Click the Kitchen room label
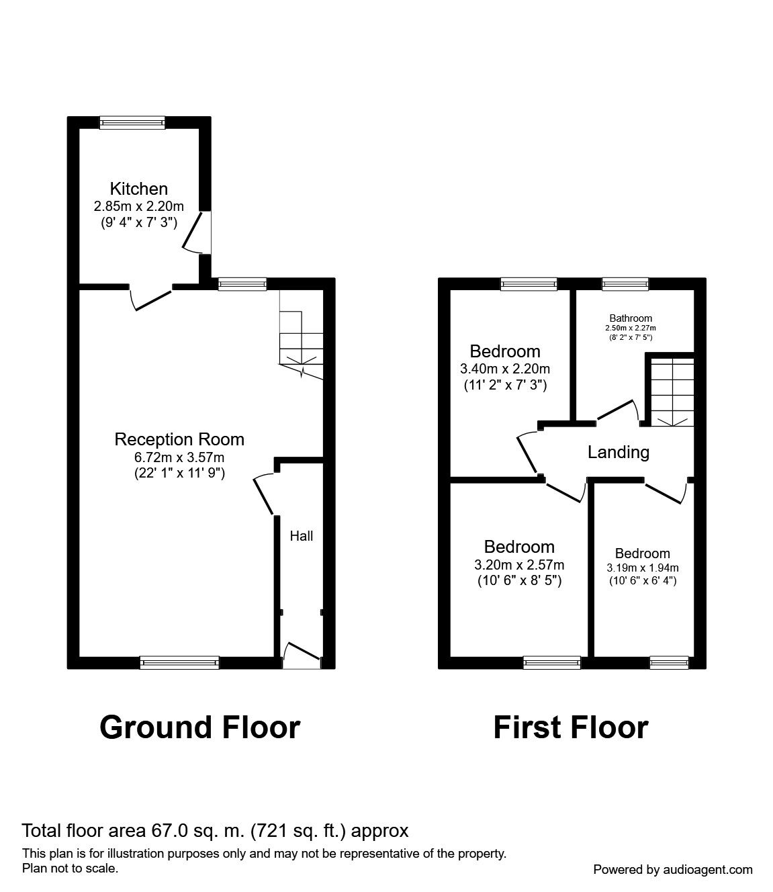138,189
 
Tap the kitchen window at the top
132,122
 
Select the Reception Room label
179,439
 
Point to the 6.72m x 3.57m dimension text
179,457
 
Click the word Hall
302,536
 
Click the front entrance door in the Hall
302,654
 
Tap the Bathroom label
631,318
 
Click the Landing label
619,452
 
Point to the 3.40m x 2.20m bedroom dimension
505,369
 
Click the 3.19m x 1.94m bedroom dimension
643,568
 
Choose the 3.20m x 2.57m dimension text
519,564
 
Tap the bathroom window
625,283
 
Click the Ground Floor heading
200,727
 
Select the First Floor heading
571,727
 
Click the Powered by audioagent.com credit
673,870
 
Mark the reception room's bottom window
179,662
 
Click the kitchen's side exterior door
197,232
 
